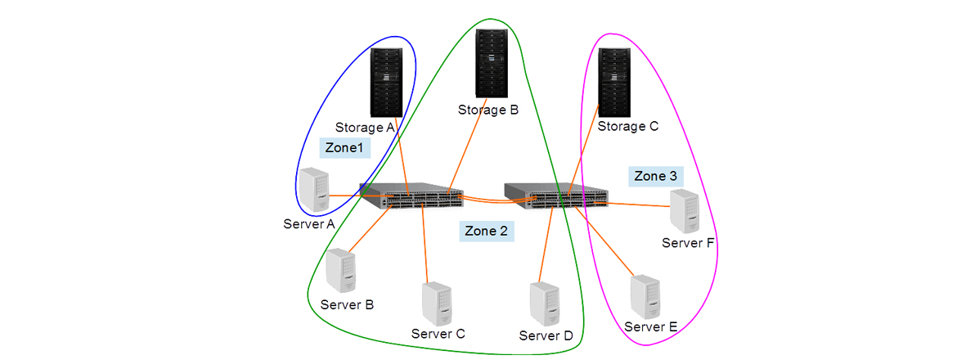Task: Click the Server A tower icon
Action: click(x=312, y=191)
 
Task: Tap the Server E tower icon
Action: click(x=645, y=298)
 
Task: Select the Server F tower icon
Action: click(x=685, y=211)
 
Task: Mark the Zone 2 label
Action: click(x=486, y=232)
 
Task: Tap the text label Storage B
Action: click(x=487, y=110)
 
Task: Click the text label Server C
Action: click(x=438, y=333)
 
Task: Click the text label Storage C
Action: click(x=627, y=127)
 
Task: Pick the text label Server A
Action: click(x=308, y=224)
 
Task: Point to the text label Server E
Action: click(x=650, y=327)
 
